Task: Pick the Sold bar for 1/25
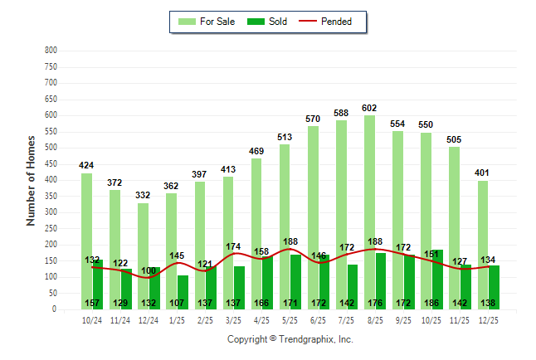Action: pos(183,286)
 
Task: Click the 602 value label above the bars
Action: pos(369,108)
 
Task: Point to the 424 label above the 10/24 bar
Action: pos(86,165)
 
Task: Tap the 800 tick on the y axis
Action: pos(51,51)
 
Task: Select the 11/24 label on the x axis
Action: pos(120,320)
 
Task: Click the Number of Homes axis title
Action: pos(31,179)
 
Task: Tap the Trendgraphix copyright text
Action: pos(290,339)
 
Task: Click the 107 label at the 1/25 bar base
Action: pos(177,303)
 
